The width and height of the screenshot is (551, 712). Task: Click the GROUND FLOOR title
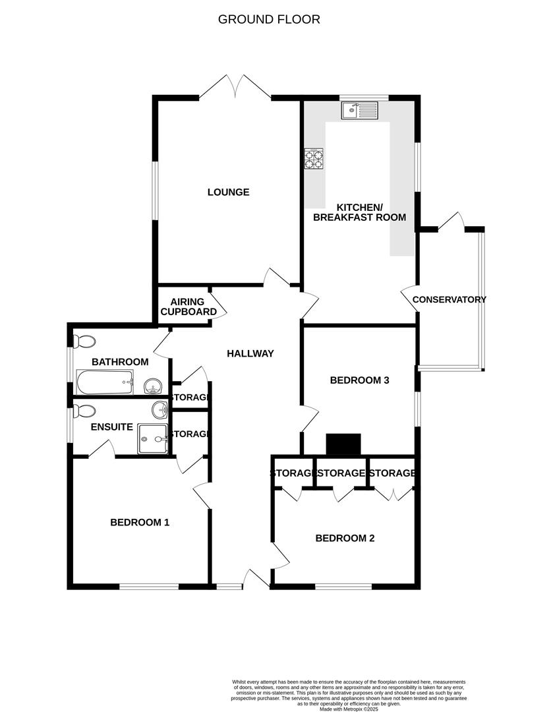269,19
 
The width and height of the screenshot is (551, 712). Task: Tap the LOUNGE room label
228,193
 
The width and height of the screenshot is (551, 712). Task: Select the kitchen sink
359,110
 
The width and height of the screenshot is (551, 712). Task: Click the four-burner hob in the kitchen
314,160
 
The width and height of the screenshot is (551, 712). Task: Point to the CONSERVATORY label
449,299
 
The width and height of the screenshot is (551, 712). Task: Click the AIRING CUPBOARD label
189,307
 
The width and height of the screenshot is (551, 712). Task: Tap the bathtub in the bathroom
105,381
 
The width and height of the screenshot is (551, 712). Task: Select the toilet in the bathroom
84,341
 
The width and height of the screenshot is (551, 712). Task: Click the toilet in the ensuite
84,411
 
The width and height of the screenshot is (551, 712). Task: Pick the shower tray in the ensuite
152,438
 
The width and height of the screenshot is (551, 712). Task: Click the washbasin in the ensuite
159,410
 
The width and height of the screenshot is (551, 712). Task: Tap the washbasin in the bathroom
152,385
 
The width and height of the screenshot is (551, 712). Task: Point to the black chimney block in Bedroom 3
345,444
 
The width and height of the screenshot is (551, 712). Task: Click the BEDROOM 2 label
345,539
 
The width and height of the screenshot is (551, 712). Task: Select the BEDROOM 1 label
140,523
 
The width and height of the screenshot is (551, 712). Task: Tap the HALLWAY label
250,354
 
